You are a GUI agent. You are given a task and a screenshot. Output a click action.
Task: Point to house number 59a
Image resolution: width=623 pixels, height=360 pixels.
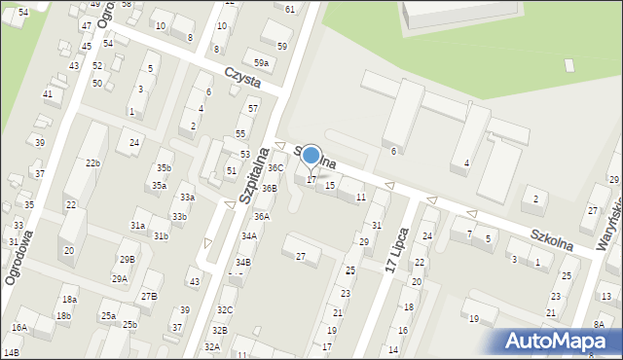click(x=262, y=62)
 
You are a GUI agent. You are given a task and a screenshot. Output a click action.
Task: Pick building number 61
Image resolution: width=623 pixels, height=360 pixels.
click(x=291, y=9)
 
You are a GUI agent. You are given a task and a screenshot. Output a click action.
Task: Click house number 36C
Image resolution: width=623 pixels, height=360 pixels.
click(x=275, y=168)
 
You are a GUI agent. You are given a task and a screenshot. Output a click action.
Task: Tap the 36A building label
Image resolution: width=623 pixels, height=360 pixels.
click(x=261, y=216)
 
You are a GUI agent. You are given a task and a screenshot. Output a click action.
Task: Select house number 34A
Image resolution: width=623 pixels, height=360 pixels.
click(x=249, y=235)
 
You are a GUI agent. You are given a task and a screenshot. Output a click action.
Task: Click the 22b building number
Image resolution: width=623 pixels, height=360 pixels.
click(x=92, y=162)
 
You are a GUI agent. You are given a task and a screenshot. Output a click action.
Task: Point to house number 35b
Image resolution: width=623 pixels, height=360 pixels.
click(x=164, y=168)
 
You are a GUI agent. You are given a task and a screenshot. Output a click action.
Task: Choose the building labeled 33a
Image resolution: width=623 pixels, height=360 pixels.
click(x=187, y=198)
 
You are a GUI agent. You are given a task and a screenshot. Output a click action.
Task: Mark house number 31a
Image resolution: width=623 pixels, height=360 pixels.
click(x=138, y=226)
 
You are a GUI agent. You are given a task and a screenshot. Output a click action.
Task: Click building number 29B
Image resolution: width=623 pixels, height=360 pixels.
click(x=127, y=259)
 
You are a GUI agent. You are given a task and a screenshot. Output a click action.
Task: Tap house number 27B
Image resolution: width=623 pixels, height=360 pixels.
click(x=148, y=296)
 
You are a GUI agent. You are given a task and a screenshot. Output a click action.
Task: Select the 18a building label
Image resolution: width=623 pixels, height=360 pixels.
click(x=69, y=299)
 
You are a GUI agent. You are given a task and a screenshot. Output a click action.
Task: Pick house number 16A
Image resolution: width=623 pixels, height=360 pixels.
click(x=19, y=328)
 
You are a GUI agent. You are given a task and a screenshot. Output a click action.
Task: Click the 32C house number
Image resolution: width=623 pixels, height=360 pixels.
click(x=225, y=310)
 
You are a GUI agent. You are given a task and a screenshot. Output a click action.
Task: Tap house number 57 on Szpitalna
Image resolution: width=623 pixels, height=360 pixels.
click(x=253, y=108)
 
